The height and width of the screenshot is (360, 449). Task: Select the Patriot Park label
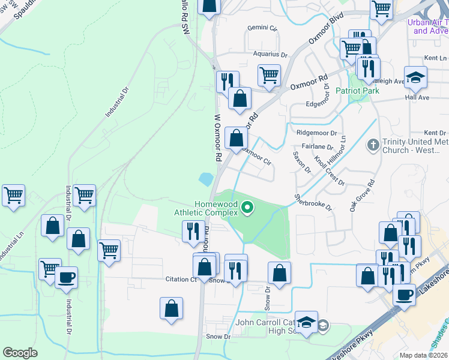(x=357, y=91)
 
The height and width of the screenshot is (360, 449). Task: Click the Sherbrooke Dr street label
(x=313, y=201)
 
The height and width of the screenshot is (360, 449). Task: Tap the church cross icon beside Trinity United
(x=373, y=145)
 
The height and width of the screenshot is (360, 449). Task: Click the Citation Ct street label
(x=181, y=279)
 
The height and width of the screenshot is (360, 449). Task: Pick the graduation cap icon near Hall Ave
(x=415, y=77)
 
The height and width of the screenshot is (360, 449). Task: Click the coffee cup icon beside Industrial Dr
(x=66, y=277)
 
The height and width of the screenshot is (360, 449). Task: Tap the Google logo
(x=20, y=353)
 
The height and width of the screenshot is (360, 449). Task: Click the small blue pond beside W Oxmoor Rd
(x=205, y=178)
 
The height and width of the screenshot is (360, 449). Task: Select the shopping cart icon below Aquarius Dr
(x=269, y=76)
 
